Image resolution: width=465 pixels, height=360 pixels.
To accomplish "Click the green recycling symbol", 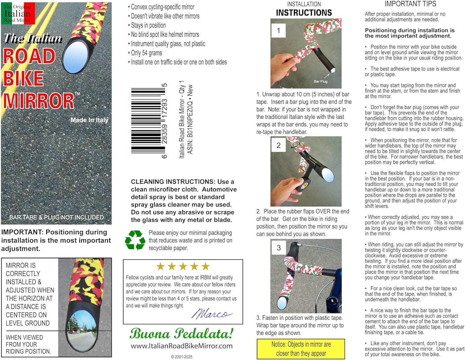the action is (135, 240).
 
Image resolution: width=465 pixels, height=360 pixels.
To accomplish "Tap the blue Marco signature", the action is (211, 314).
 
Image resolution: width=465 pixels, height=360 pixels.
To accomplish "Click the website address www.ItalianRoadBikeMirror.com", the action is (182, 346).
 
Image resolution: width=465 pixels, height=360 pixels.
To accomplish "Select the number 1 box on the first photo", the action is (278, 31).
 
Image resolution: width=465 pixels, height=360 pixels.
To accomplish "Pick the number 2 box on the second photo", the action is (278, 145).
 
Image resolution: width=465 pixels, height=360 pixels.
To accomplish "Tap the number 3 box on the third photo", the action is (278, 248).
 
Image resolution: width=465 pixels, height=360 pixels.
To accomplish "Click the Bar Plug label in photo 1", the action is (320, 81).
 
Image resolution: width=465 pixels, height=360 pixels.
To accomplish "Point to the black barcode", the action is (148, 121).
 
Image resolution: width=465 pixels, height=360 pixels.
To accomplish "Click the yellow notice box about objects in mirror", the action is (301, 349).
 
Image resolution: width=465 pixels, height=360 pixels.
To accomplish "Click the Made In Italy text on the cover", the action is (90, 120).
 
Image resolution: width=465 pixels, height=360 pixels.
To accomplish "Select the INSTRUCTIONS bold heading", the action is (304, 13).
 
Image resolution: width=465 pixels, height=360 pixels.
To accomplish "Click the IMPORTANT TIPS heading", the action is (410, 4).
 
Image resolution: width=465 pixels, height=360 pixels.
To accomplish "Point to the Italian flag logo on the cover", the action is (18, 13).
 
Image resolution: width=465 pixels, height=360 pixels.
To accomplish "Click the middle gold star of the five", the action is (183, 266).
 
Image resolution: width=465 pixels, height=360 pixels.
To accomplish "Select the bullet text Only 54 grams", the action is (146, 53).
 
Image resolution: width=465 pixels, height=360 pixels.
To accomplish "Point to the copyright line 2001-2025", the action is (181, 357).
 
